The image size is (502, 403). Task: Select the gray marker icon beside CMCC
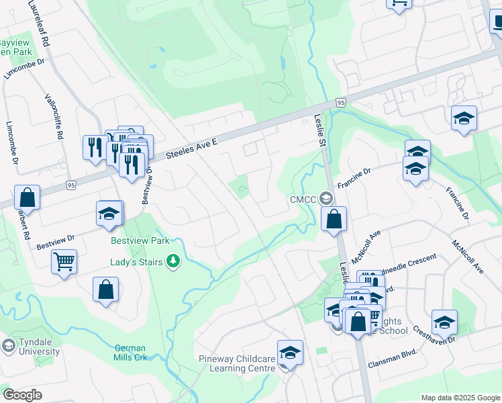pos(327,198)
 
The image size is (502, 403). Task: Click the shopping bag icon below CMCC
pos(334,219)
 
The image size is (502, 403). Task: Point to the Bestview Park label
pos(140,240)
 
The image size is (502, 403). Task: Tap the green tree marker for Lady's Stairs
pos(174,261)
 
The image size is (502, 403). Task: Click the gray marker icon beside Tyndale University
pos(8,346)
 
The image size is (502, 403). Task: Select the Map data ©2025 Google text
pos(460,398)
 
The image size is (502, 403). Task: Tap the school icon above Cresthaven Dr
pos(444,323)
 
